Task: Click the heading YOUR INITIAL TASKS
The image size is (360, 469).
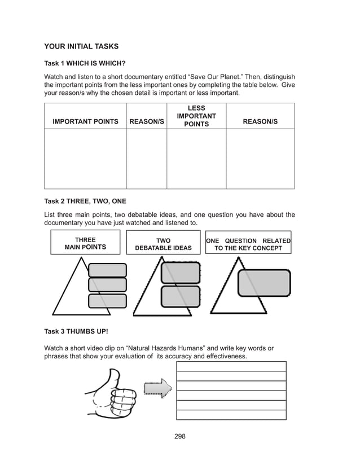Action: [x=81, y=46]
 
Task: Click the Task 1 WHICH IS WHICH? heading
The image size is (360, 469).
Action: [x=85, y=64]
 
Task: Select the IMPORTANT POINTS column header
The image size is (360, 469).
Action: [x=85, y=122]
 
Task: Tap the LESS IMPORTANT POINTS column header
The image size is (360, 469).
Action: [x=196, y=116]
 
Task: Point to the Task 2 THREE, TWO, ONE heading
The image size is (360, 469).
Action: [x=85, y=201]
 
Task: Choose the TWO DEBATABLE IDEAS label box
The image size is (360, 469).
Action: [x=163, y=244]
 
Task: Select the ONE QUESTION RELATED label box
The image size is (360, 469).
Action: [x=248, y=244]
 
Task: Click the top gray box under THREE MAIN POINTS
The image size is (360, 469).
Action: [x=108, y=270]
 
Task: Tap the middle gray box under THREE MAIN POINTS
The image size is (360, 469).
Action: [x=108, y=285]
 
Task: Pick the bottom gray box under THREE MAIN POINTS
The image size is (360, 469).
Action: [x=108, y=300]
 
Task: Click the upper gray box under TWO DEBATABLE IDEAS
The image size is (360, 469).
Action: [x=181, y=273]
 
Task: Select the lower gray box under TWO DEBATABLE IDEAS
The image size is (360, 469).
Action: [x=181, y=296]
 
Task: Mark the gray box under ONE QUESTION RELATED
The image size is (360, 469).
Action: [x=264, y=283]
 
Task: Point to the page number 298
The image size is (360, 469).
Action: [x=179, y=436]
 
